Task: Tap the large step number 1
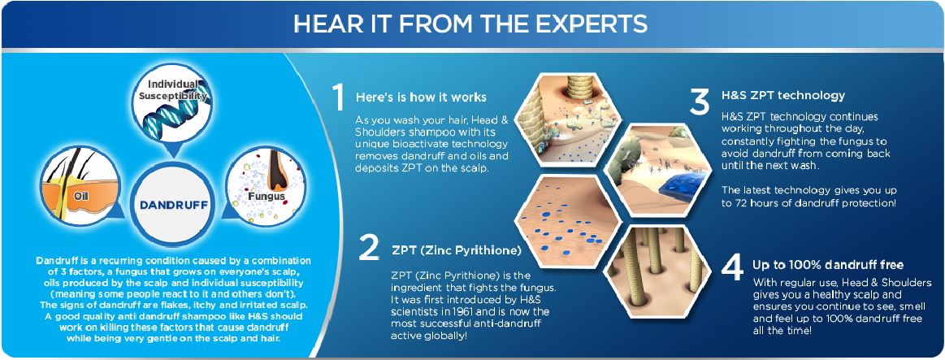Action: click(x=338, y=97)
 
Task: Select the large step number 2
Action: click(x=369, y=247)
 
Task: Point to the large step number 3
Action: click(x=699, y=102)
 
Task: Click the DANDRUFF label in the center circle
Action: click(x=174, y=205)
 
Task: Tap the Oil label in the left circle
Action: click(x=81, y=195)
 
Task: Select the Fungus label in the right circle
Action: click(x=266, y=197)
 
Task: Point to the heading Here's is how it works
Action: click(x=421, y=97)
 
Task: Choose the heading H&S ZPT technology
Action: click(x=782, y=95)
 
